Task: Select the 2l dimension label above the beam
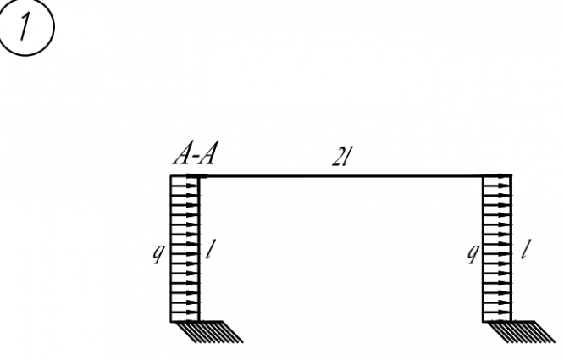(x=341, y=158)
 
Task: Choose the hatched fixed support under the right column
(x=534, y=331)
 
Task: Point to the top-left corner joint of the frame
(x=199, y=176)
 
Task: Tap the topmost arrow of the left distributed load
(x=185, y=179)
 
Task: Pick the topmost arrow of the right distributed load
(x=498, y=179)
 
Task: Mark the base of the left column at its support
(x=199, y=321)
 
